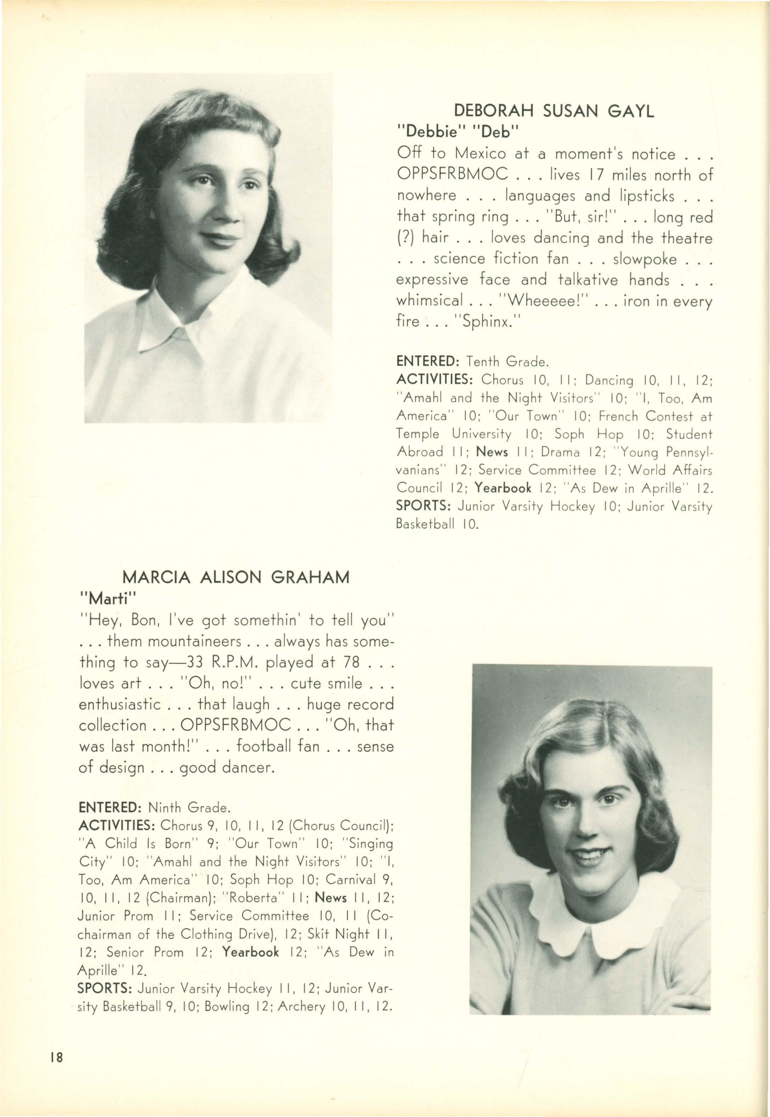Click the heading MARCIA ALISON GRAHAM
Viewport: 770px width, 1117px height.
pyautogui.click(x=236, y=577)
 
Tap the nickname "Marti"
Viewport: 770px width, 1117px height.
pyautogui.click(x=107, y=598)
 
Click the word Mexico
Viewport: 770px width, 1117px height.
pyautogui.click(x=480, y=154)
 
